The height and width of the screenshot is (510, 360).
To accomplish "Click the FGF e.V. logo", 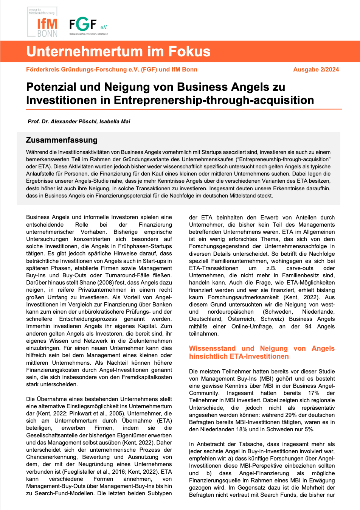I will pyautogui.click(x=88, y=26).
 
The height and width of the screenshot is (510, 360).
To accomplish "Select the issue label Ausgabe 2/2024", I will pyautogui.click(x=316, y=70).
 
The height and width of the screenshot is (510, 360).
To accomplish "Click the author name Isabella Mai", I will pyautogui.click(x=115, y=121).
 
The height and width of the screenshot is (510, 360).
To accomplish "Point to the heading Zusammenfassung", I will pyautogui.click(x=62, y=140).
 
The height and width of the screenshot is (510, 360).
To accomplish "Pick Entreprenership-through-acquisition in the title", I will pyautogui.click(x=214, y=100).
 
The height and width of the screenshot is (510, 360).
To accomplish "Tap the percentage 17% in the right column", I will pyautogui.click(x=313, y=393).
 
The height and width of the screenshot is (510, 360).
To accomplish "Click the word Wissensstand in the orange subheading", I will pyautogui.click(x=212, y=348).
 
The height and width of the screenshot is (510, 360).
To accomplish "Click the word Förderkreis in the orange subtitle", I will pyautogui.click(x=43, y=70).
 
